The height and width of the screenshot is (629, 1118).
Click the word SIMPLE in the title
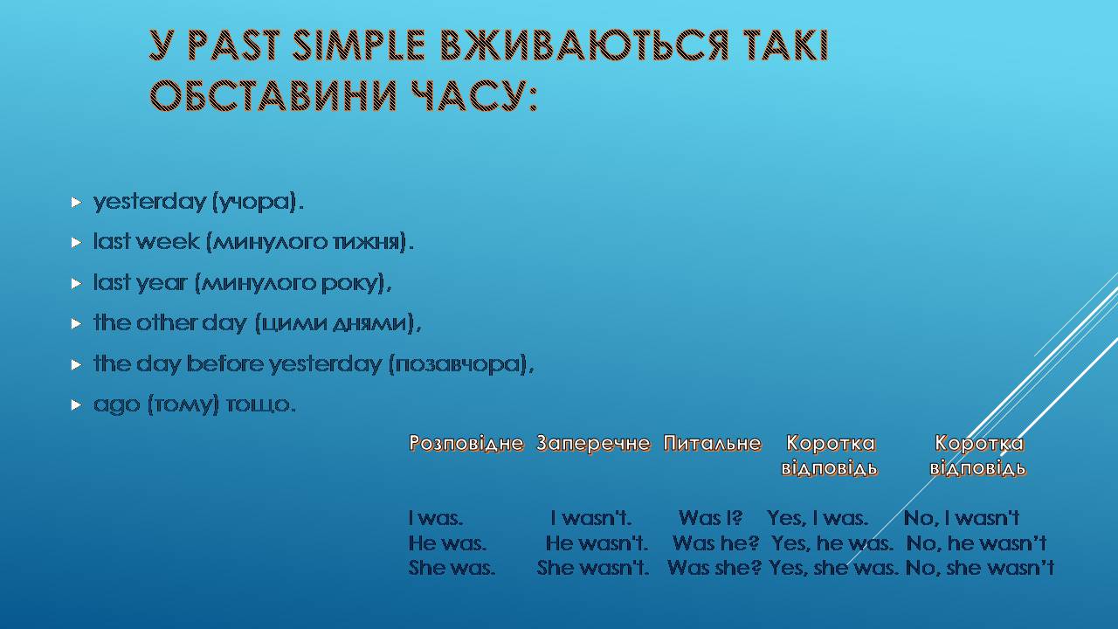tap(358, 46)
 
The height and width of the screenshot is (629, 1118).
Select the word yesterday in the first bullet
tap(149, 203)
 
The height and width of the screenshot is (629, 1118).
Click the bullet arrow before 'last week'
tap(76, 243)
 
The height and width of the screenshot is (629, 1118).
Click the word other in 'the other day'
tap(166, 322)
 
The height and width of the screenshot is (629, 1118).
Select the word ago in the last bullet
tap(117, 405)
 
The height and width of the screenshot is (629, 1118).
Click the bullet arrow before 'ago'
tap(76, 404)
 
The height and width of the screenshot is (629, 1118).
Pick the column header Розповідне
tap(466, 443)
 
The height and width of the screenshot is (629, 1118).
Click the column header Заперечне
tap(593, 443)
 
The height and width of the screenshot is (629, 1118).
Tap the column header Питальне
tap(712, 443)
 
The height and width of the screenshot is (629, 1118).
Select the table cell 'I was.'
tap(435, 518)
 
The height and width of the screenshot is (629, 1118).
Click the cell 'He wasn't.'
tap(597, 543)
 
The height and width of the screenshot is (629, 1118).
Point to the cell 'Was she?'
tap(714, 568)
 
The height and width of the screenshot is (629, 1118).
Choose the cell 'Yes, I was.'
tap(818, 518)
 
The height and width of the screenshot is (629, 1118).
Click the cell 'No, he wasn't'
tap(977, 543)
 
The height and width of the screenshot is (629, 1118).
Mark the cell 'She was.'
tap(452, 568)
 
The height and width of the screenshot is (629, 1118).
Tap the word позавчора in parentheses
tap(458, 364)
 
